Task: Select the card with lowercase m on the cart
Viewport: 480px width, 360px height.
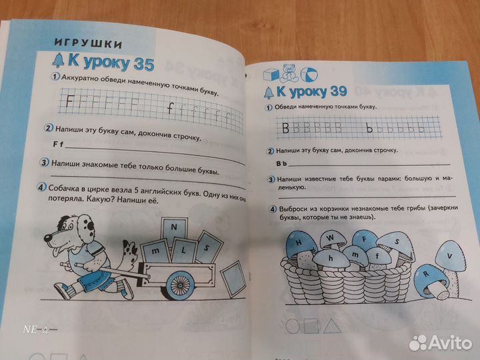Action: pos(156,249)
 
